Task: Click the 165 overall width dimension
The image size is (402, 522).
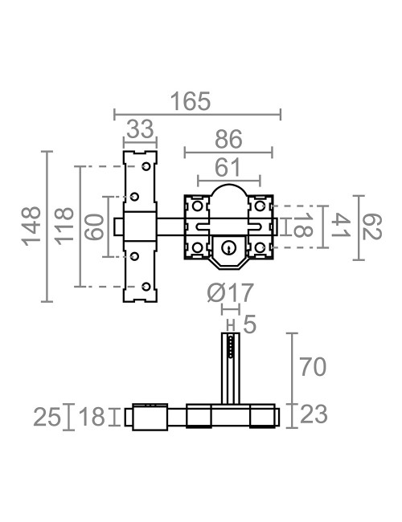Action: point(191,101)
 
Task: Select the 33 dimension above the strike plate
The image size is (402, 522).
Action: point(141,128)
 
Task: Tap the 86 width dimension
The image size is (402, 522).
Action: point(228,140)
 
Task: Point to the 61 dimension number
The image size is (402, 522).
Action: point(228,168)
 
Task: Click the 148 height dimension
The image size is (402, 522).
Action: point(31,226)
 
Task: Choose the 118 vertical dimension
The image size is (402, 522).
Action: point(64,226)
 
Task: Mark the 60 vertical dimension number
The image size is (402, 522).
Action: point(94,226)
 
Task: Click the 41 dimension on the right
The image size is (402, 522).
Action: point(340,226)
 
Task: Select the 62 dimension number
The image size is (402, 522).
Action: point(372,227)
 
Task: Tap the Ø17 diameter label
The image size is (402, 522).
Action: point(231,293)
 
